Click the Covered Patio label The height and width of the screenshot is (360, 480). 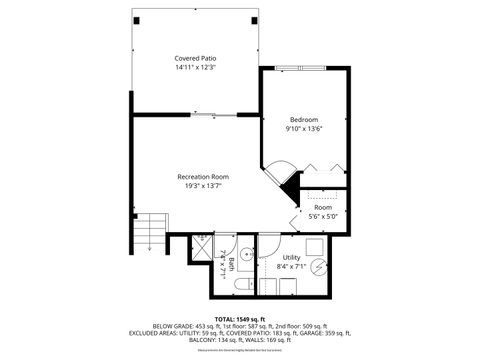point(196,59)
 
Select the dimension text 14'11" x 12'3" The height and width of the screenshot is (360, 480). point(196,68)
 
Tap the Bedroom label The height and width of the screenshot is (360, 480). point(304,119)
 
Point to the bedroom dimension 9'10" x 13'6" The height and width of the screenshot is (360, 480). point(304,128)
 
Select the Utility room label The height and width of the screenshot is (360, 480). point(291,257)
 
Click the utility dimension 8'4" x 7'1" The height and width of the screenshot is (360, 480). point(291,266)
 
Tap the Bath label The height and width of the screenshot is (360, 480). point(231,265)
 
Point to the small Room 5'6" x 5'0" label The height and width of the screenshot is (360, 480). point(322,207)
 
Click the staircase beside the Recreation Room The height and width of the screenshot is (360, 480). point(149,232)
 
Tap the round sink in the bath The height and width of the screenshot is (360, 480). point(245,251)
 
